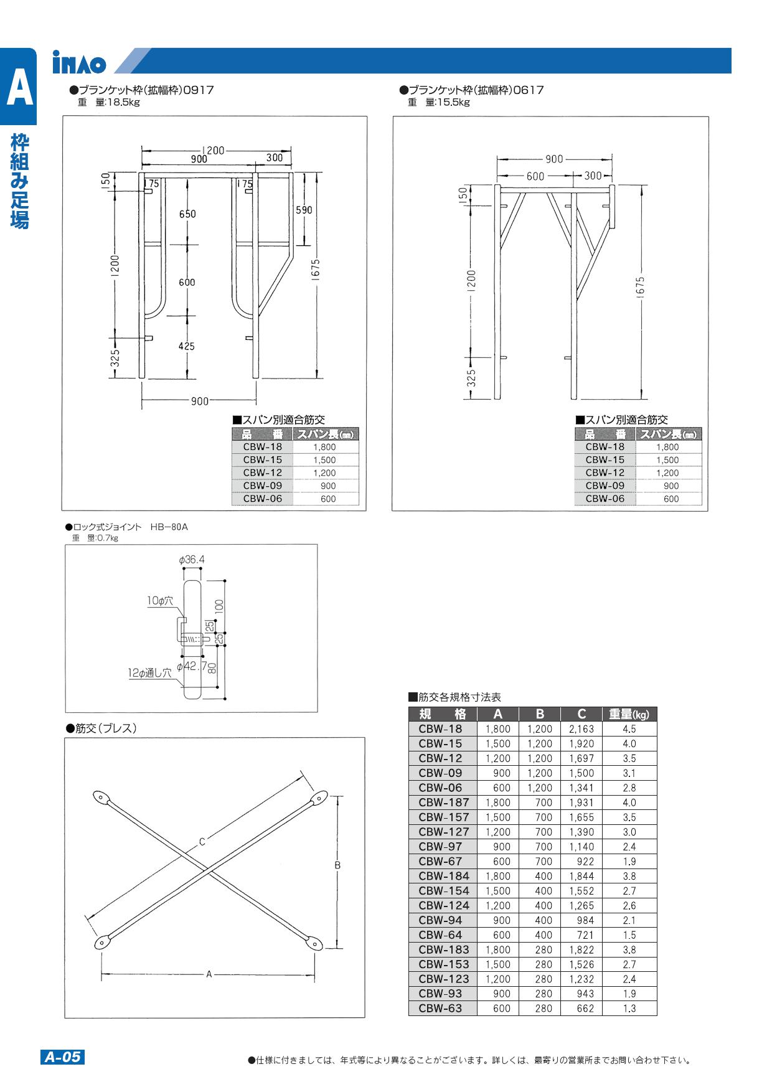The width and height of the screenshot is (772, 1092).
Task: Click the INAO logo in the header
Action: tap(79, 63)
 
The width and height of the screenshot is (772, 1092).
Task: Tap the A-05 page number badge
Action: tap(62, 1057)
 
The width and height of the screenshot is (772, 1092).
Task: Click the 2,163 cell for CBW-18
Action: tap(581, 729)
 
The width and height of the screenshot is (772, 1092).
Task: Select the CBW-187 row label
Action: tap(443, 803)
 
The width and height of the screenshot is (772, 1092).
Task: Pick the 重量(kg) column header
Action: tap(629, 714)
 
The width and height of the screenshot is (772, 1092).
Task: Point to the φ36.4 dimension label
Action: tap(192, 560)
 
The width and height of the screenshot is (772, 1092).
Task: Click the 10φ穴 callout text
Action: tap(159, 601)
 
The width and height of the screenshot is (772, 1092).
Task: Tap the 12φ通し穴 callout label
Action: tap(150, 673)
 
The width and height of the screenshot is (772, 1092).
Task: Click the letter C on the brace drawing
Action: tap(202, 842)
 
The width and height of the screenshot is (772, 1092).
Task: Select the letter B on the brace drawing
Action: tap(337, 865)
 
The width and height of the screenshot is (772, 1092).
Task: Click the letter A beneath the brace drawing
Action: tap(209, 974)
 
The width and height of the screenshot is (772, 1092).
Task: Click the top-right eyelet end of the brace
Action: tap(319, 797)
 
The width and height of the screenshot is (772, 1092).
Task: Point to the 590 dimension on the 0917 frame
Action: tap(304, 210)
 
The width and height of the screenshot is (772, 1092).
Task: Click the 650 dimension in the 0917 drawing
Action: tap(187, 214)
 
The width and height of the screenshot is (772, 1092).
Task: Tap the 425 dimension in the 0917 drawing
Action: tap(187, 346)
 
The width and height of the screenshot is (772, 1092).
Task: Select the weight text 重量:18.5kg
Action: tap(109, 103)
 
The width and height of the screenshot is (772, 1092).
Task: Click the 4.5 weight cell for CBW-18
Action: tap(629, 729)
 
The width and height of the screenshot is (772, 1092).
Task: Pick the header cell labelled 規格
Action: tap(443, 714)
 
